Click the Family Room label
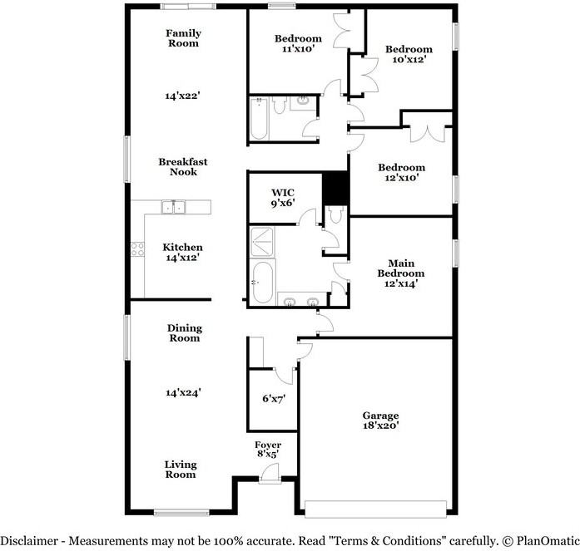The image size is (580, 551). pos(183,38)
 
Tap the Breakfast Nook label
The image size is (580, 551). pos(183,167)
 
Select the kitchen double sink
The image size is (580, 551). pos(174,206)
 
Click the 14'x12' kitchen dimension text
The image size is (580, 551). pos(183,258)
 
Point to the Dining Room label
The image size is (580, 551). pos(184,333)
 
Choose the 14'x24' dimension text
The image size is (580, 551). pos(183,392)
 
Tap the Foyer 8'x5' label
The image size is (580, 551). pos(268,450)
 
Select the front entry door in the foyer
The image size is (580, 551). pos(268,476)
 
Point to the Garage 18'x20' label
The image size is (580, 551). pos(380,421)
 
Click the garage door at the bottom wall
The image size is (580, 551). pos(377,508)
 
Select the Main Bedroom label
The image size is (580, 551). pos(400,273)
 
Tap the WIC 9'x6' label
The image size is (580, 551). pos(284,198)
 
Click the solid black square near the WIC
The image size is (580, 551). pos(335,187)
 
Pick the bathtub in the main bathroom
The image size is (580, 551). pos(262,283)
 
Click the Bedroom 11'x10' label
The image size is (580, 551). pos(298,44)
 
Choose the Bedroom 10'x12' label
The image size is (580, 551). pos(409,54)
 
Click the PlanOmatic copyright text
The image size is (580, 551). pos(536,540)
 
